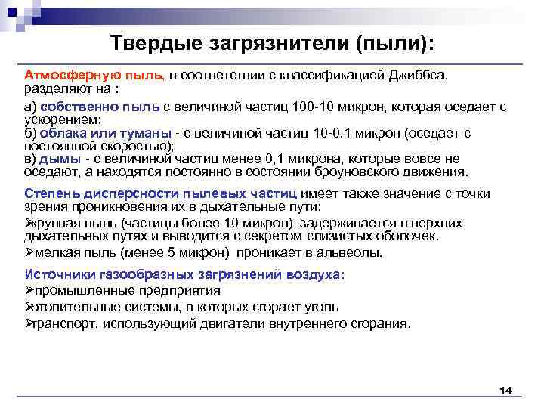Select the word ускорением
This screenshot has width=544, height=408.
[55, 119]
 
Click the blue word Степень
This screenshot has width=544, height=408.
[50, 193]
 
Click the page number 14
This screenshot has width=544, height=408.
[505, 389]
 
